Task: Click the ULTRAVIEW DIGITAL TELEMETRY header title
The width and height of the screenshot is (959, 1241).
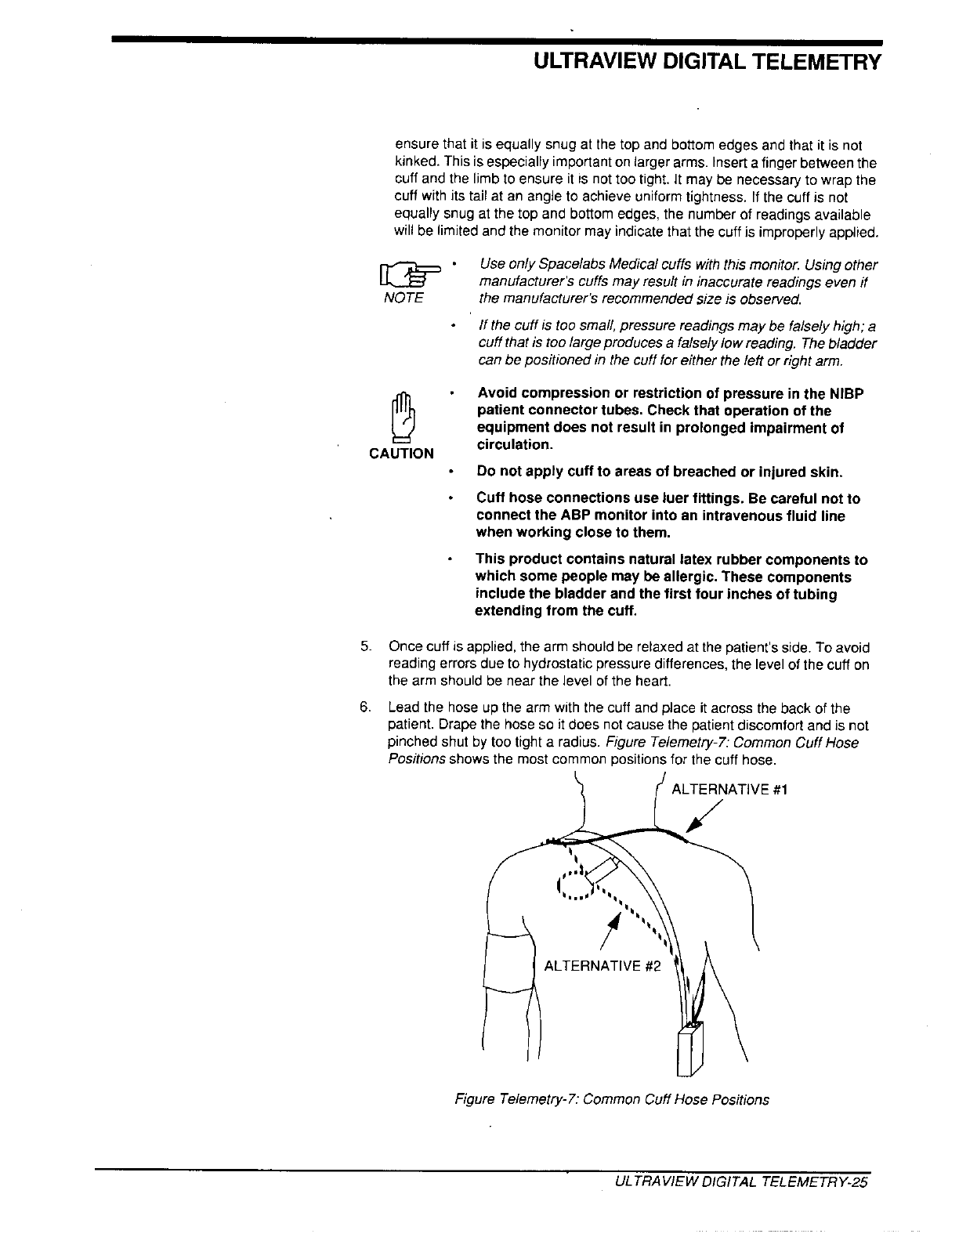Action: pyautogui.click(x=703, y=63)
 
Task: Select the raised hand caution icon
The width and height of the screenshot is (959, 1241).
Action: pyautogui.click(x=401, y=416)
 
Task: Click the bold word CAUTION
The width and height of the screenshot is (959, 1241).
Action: pyautogui.click(x=401, y=454)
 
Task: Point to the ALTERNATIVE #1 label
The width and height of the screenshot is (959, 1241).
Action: pyautogui.click(x=729, y=790)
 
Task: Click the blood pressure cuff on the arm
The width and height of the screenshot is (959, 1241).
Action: pyautogui.click(x=508, y=964)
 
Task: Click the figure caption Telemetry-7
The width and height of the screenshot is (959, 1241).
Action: pyautogui.click(x=612, y=1099)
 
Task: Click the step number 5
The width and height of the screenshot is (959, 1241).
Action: pyautogui.click(x=364, y=647)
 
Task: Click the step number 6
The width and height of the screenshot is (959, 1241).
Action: pyautogui.click(x=364, y=708)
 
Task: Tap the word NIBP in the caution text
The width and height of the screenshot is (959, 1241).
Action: pyautogui.click(x=845, y=393)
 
